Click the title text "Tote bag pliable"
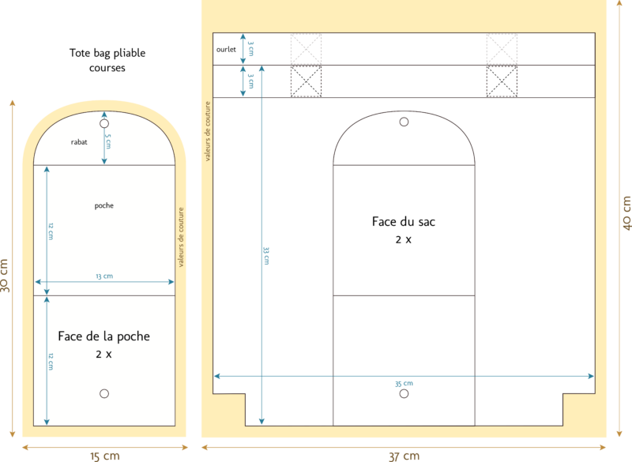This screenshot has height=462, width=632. point(107,53)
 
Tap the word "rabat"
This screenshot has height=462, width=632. point(79,142)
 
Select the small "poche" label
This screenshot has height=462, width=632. point(104,206)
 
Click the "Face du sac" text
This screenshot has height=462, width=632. point(404,222)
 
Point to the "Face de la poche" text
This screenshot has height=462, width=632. point(104,336)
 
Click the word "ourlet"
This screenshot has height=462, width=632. point(226,49)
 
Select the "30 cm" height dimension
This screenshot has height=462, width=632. point(4,276)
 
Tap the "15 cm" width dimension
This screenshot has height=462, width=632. point(105,456)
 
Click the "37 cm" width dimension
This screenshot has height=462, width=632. point(404,456)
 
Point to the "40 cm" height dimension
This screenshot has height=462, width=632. point(626,213)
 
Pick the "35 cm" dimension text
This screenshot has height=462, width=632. point(404,384)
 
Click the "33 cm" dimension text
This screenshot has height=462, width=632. point(266,256)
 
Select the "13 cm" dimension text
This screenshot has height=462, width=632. point(104,276)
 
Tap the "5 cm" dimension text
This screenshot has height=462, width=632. point(108,141)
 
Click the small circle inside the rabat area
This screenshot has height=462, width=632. point(104,124)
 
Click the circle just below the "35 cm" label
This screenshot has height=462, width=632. point(404,393)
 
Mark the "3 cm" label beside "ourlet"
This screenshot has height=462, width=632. point(251,48)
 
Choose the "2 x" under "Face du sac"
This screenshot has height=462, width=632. point(404,239)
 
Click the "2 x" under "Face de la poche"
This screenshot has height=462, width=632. point(103,355)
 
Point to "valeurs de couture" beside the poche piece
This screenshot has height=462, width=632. point(181,237)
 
